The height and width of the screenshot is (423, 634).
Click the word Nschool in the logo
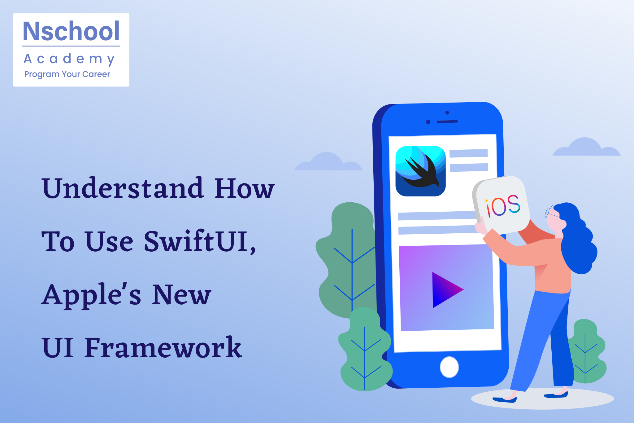[71, 31]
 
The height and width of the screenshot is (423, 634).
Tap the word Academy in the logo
[69, 59]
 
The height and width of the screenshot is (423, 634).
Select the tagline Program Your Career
[67, 74]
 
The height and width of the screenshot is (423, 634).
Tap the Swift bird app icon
[420, 171]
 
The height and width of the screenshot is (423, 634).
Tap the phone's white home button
[449, 367]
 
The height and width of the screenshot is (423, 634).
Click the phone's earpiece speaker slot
[447, 121]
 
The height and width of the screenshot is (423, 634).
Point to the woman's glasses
[551, 212]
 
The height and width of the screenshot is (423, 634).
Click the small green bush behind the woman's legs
[586, 352]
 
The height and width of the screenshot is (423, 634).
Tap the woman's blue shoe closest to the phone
[505, 399]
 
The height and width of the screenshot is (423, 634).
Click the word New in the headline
[182, 294]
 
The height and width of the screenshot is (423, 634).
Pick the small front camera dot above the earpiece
[447, 112]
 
